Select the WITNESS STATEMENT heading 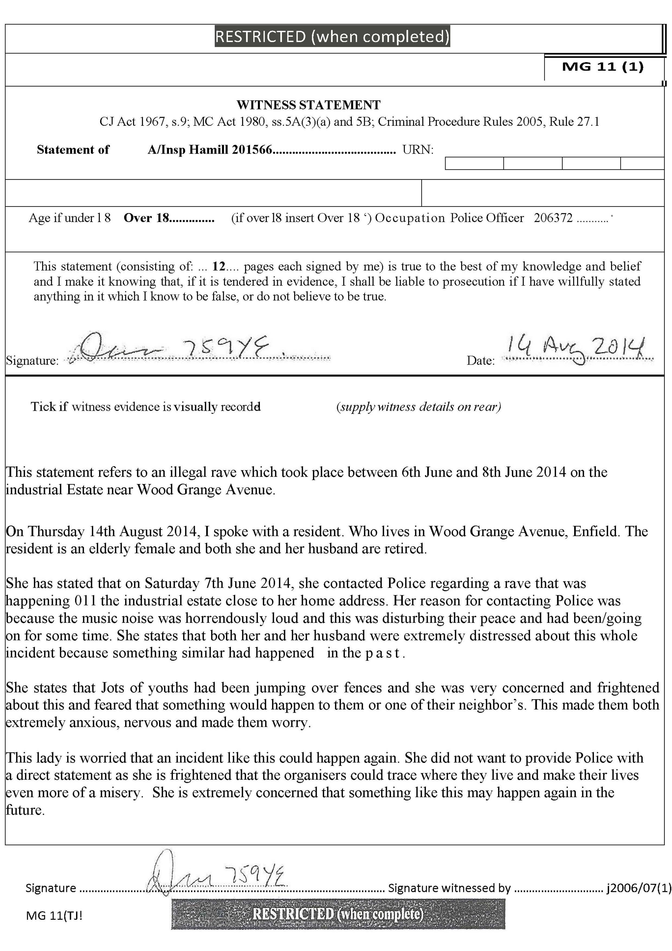tap(308, 105)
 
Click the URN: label tap(418, 150)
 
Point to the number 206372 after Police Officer tap(553, 218)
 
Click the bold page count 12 tap(219, 266)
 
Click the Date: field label tap(481, 360)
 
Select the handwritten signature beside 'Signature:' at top tap(174, 347)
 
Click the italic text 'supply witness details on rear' tap(419, 407)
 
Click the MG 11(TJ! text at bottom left tap(54, 915)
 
